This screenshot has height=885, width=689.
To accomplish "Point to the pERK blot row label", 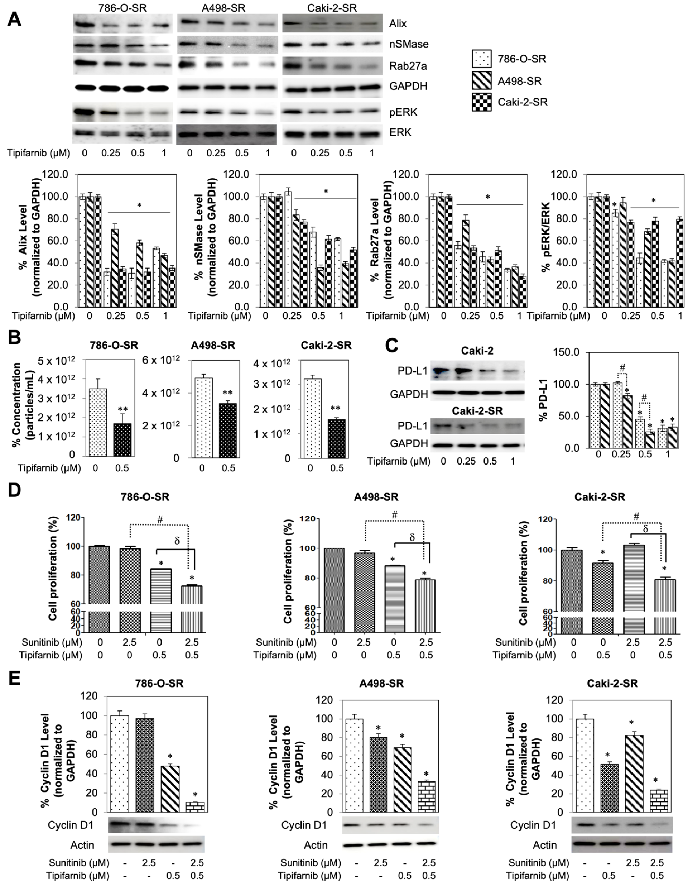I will [403, 112].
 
